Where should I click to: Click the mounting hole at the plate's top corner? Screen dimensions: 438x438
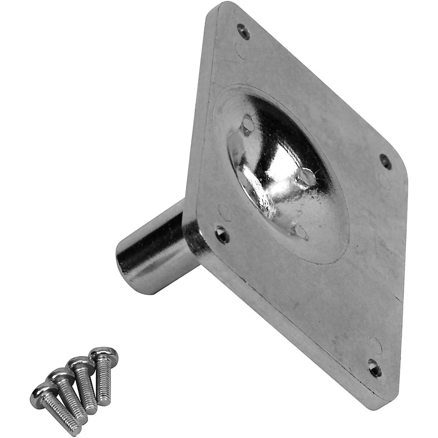(x=244, y=31)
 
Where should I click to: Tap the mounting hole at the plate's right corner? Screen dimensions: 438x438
(x=386, y=161)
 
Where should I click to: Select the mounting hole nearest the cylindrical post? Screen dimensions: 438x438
(x=222, y=234)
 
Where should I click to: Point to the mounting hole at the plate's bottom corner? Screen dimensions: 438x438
(x=375, y=367)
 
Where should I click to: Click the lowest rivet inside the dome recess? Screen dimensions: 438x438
(x=300, y=231)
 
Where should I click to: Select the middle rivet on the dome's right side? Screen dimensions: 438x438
(x=307, y=177)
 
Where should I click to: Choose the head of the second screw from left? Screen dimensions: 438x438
(x=60, y=376)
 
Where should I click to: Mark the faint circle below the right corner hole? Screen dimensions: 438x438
(x=384, y=181)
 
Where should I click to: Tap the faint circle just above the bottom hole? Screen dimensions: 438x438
(x=375, y=345)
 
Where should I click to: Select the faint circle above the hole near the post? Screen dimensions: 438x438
(x=224, y=213)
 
